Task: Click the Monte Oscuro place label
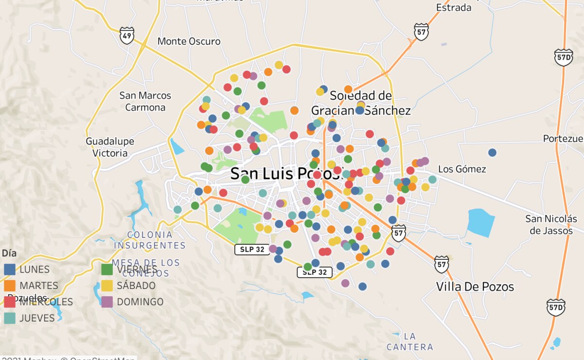click(189, 41)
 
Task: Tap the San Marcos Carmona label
click(145, 101)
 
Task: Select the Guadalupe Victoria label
click(110, 147)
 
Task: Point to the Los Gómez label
click(462, 169)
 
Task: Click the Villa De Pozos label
click(475, 287)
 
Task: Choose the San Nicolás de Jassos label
click(550, 225)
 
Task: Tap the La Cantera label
click(410, 342)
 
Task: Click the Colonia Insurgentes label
click(150, 240)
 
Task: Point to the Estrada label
click(454, 7)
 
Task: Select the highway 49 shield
click(127, 36)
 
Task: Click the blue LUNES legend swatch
click(10, 269)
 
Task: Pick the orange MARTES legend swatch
click(10, 286)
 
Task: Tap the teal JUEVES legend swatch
click(10, 318)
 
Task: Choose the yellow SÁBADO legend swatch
click(107, 286)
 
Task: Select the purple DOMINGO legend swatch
click(107, 302)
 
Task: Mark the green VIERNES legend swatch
click(107, 269)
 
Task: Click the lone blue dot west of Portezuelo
click(492, 152)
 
